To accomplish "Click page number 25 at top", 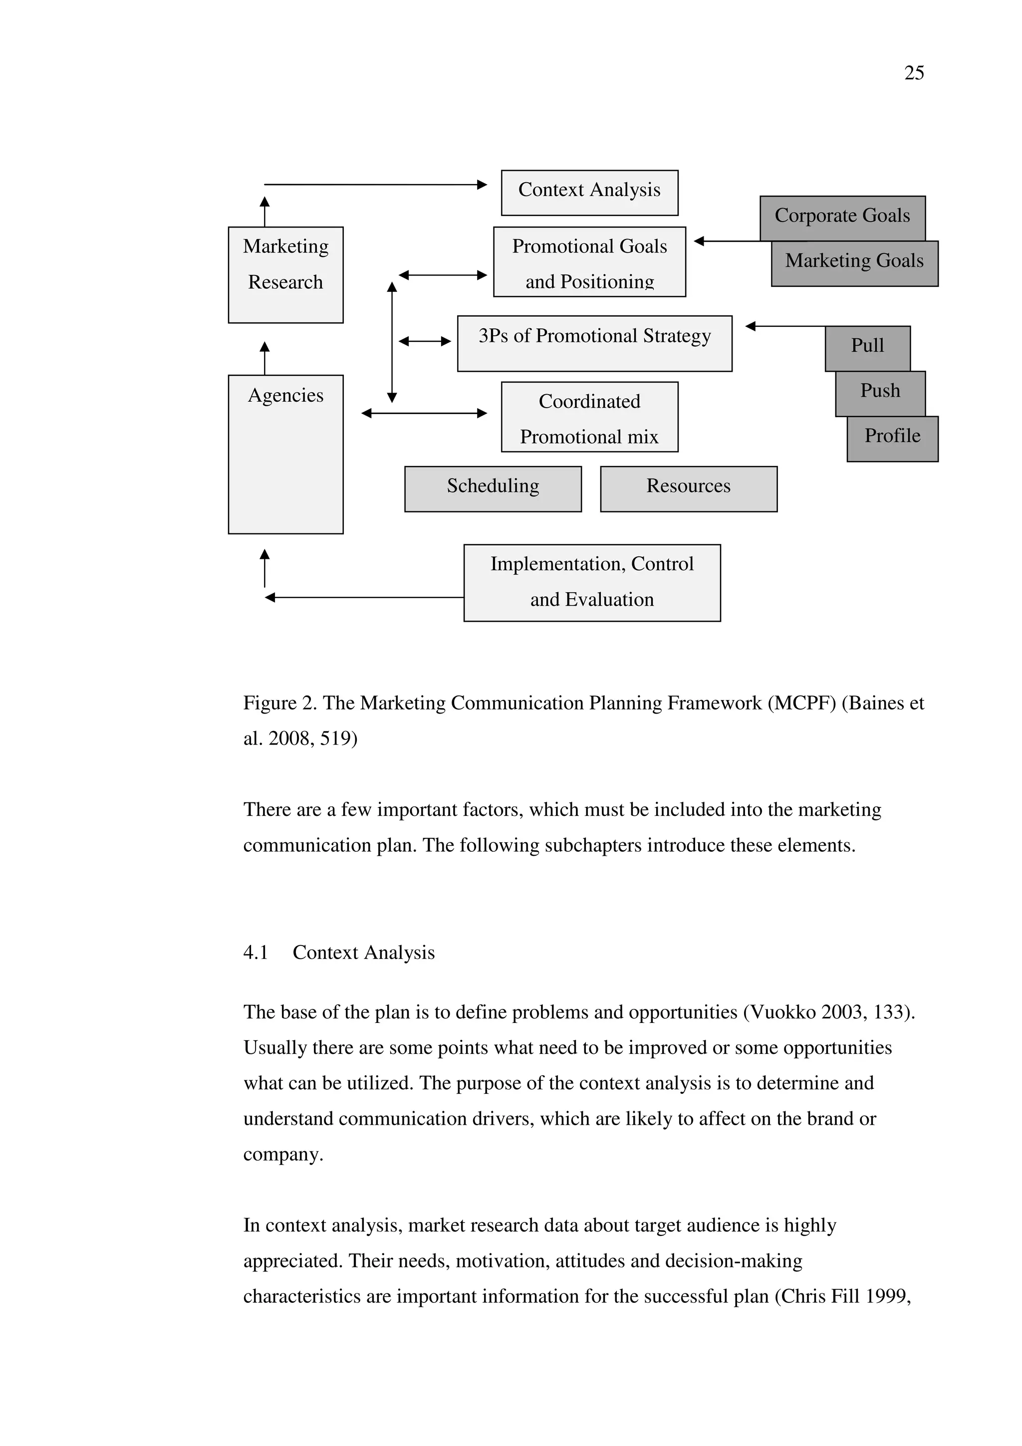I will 914,73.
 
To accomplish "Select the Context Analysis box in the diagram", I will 589,192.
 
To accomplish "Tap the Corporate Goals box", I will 842,216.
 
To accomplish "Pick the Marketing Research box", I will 285,274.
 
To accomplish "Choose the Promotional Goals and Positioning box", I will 589,261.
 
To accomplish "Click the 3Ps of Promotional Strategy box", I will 594,343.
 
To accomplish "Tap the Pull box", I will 867,347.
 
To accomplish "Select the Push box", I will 880,392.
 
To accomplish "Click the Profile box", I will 892,438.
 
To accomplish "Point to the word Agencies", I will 285,396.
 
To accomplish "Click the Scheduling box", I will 493,488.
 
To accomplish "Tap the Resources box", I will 688,488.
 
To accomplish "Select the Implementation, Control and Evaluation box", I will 591,583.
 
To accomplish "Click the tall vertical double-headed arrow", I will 392,342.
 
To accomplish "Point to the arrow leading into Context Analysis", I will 375,185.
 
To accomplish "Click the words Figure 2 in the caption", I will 279,703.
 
